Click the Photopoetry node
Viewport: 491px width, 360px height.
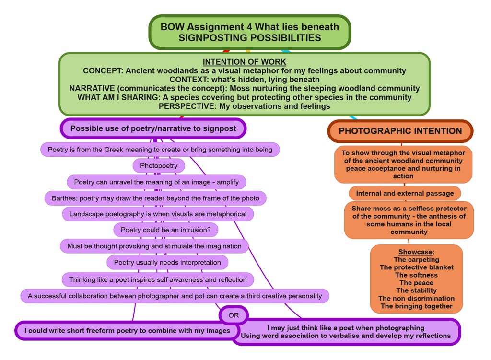[x=159, y=166]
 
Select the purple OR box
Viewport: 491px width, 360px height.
[x=234, y=315]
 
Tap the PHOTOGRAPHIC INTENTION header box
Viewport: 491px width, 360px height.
[x=400, y=131]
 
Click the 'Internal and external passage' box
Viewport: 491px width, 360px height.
[x=405, y=194]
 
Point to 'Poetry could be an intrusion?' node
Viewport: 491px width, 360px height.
[x=165, y=230]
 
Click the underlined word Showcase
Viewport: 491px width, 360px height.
[x=416, y=252]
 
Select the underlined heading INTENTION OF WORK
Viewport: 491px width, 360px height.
[x=244, y=62]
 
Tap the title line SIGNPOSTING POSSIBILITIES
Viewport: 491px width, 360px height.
[x=249, y=38]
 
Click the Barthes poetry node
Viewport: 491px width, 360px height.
[x=155, y=198]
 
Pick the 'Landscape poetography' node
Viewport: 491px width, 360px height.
[x=158, y=214]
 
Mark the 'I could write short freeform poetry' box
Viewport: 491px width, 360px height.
[x=127, y=330]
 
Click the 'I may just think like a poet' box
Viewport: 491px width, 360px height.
[x=345, y=332]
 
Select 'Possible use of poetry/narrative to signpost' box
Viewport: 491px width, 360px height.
[x=153, y=128]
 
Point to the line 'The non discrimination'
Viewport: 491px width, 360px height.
[x=416, y=298]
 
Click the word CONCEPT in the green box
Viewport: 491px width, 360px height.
[x=103, y=71]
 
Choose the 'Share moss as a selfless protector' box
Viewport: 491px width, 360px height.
[x=409, y=220]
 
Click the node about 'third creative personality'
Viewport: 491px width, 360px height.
[x=175, y=296]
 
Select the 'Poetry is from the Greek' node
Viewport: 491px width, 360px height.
[x=160, y=150]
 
